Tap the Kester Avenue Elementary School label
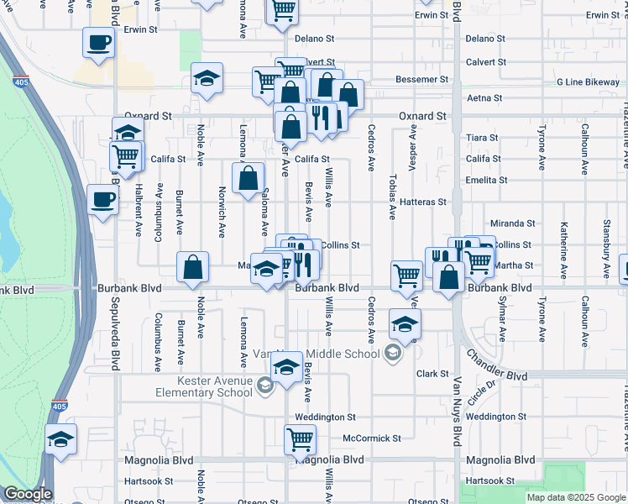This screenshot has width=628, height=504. coord(202,386)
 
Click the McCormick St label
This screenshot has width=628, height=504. coord(372,438)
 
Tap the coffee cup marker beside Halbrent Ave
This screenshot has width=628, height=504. coord(102,200)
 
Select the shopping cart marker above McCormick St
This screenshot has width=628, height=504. coord(299,438)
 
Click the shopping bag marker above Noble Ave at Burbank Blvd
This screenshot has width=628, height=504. coord(193,266)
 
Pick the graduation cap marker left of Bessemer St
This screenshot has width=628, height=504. coord(207,78)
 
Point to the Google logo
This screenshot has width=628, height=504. coord(28,494)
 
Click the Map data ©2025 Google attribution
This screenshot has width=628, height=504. coord(575,497)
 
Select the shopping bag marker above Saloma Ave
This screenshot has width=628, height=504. coord(248,178)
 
